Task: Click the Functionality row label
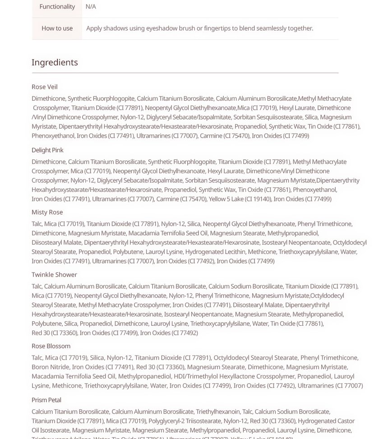point(57,6)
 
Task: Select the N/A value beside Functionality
point(91,6)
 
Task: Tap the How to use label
point(57,28)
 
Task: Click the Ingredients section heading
point(55,62)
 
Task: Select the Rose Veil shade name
point(44,87)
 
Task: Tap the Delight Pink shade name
point(47,150)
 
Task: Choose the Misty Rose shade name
point(47,212)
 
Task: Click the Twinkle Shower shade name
point(54,274)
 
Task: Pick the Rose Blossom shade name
point(51,346)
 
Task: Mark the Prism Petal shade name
point(46,400)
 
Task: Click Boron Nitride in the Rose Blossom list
point(50,367)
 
